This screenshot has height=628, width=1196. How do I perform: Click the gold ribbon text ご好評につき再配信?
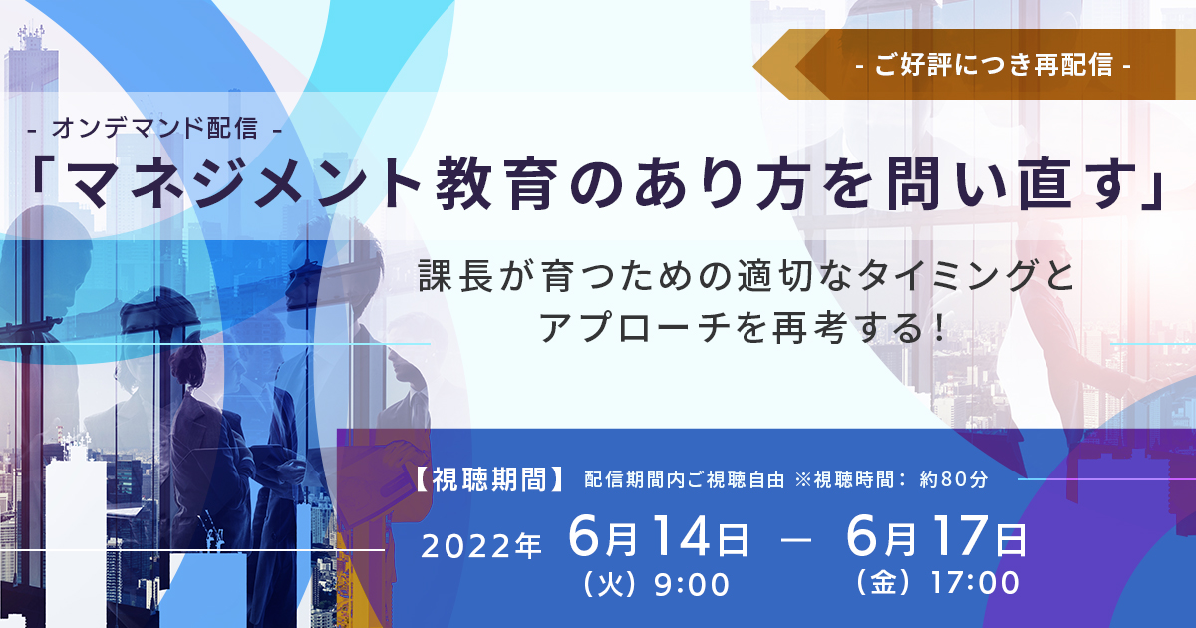[994, 65]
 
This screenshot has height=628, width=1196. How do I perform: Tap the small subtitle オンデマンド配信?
[155, 129]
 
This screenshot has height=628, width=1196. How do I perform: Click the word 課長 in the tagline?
[456, 277]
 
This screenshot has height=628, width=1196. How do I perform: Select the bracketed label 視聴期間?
[488, 479]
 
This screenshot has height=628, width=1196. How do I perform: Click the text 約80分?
[954, 480]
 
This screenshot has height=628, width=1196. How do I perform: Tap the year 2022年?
[481, 546]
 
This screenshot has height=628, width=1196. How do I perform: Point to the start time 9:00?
[691, 584]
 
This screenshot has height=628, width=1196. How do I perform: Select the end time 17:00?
[975, 583]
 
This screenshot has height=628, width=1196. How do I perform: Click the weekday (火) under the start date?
[610, 584]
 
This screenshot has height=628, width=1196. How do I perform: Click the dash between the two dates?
[796, 540]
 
